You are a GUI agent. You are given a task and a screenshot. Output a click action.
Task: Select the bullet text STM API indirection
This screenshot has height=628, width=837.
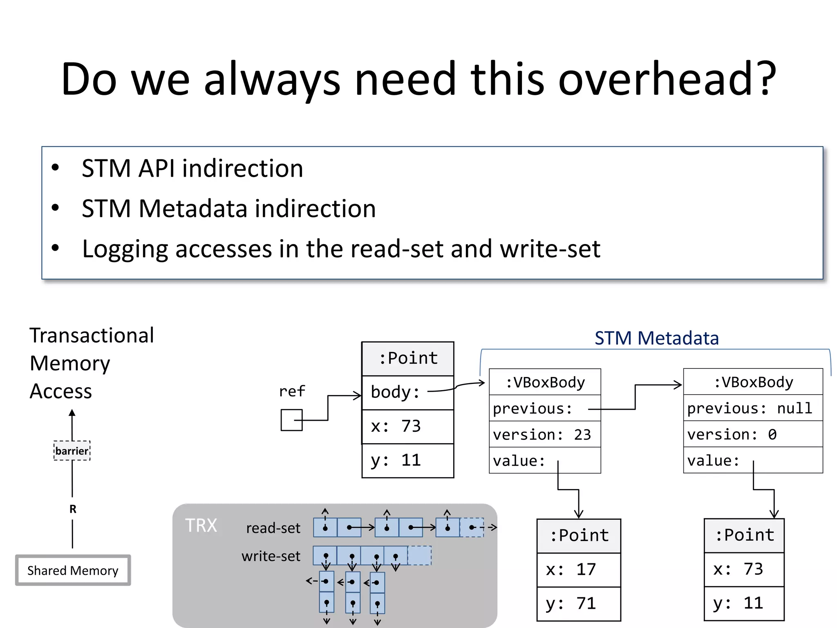(192, 168)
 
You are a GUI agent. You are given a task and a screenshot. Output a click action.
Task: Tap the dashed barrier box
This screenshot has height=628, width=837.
(72, 451)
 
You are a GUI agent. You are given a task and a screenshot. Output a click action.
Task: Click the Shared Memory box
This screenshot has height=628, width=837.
(73, 570)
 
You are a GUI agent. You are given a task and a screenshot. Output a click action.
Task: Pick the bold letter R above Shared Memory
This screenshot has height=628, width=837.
(73, 509)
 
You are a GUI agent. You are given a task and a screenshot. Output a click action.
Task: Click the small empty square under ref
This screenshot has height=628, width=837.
(291, 420)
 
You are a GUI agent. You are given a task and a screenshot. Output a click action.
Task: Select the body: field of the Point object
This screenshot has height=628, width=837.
(407, 392)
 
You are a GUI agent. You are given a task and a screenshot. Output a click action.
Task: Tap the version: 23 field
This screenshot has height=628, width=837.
(544, 434)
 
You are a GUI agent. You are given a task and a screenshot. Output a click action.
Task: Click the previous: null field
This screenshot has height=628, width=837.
(752, 408)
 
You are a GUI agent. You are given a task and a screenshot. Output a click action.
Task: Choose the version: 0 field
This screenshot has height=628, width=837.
(752, 434)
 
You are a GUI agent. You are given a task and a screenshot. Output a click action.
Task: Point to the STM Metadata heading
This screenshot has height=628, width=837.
(656, 338)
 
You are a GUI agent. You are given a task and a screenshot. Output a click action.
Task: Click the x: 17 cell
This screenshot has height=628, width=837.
(578, 570)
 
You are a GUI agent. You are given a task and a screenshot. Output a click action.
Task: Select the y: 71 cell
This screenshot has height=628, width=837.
(578, 603)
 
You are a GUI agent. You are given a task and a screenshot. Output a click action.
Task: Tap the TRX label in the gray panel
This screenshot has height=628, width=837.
(201, 525)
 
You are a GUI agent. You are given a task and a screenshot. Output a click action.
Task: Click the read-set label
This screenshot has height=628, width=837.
(273, 528)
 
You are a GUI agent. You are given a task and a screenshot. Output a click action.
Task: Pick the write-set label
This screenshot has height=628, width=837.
(271, 556)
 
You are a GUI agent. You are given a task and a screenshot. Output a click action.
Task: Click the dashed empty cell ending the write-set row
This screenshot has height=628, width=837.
(419, 556)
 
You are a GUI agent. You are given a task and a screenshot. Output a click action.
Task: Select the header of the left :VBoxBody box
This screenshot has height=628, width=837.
(544, 382)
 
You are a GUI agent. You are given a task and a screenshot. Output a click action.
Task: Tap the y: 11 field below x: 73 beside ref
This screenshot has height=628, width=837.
(407, 460)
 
